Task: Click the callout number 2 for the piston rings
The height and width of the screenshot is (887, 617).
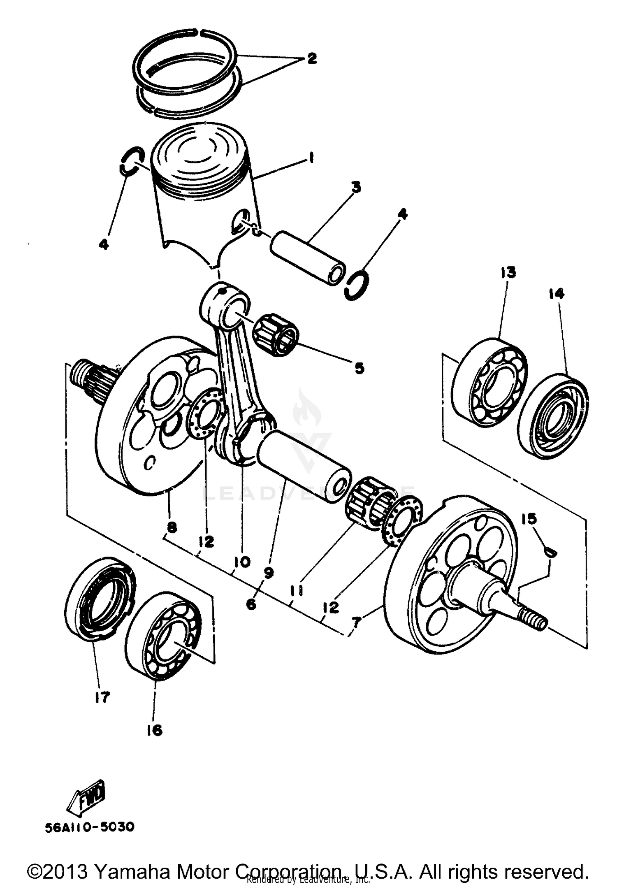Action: (x=311, y=59)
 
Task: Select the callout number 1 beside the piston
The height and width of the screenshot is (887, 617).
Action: (x=311, y=158)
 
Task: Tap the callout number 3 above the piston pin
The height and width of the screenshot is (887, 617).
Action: (x=356, y=187)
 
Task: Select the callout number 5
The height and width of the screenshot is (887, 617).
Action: (x=360, y=368)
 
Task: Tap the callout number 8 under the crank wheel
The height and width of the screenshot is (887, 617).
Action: (x=172, y=527)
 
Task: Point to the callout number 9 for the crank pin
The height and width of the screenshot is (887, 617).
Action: (x=269, y=573)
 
